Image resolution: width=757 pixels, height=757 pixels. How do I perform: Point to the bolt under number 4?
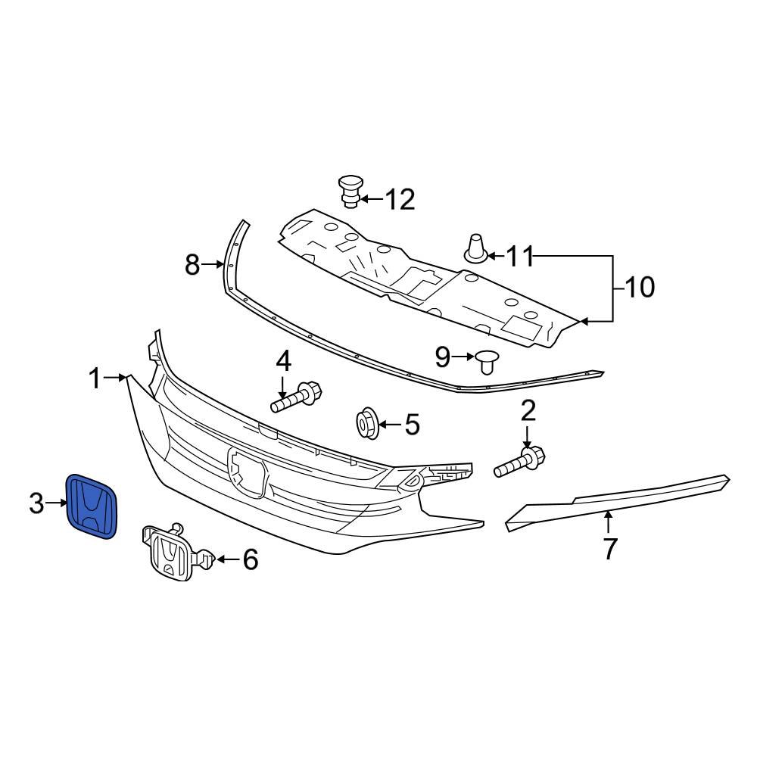coord(297,398)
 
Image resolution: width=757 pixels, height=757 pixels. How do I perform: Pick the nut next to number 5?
coord(368,423)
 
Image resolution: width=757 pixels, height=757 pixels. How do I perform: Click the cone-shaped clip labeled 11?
coord(475,248)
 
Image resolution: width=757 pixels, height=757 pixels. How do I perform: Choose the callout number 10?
coord(639,288)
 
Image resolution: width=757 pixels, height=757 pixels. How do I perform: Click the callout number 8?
coord(193,265)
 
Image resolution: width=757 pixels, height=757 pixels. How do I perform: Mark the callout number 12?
coord(400,201)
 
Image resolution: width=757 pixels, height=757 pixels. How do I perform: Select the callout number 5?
coord(411,425)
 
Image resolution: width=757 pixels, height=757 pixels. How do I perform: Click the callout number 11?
coord(519,257)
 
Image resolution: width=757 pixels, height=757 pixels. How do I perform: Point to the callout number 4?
coord(283,361)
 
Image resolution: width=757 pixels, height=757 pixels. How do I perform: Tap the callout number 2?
coord(528,411)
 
